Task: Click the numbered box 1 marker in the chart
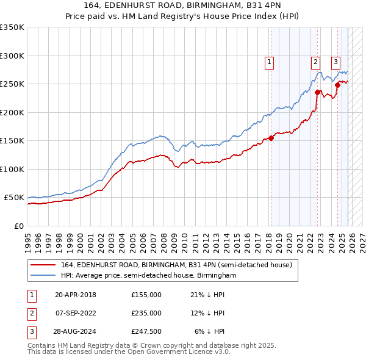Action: point(269,61)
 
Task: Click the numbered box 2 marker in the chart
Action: point(315,61)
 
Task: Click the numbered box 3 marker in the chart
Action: point(335,61)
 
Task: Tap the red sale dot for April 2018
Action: point(271,138)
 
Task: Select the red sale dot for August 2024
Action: point(337,85)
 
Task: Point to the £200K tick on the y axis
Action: point(12,112)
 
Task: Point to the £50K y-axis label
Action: point(13,198)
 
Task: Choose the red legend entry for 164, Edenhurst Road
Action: point(177,265)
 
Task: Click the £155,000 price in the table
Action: point(146,295)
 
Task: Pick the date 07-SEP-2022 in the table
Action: point(76,313)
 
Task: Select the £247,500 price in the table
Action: point(146,331)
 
